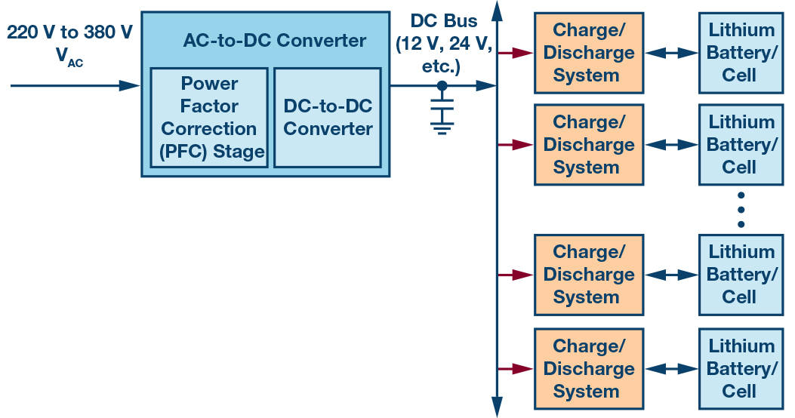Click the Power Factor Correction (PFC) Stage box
pyautogui.click(x=209, y=117)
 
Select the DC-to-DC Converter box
pyautogui.click(x=328, y=117)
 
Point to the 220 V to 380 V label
pyautogui.click(x=69, y=32)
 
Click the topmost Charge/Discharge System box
pyautogui.click(x=589, y=52)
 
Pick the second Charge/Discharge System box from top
pyautogui.click(x=589, y=144)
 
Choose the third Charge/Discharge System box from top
pyautogui.click(x=589, y=275)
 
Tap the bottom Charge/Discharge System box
pyautogui.click(x=589, y=369)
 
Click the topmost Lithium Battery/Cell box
pyautogui.click(x=741, y=52)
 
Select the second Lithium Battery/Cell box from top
pyautogui.click(x=741, y=144)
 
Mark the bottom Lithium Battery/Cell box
pyautogui.click(x=741, y=369)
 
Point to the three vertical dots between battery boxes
pyautogui.click(x=741, y=209)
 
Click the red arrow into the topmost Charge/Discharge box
pyautogui.click(x=516, y=53)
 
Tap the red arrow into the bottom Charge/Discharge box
pyautogui.click(x=516, y=369)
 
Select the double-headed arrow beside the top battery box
pyautogui.click(x=671, y=53)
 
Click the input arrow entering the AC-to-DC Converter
pyautogui.click(x=75, y=86)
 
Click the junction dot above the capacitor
pyautogui.click(x=442, y=86)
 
